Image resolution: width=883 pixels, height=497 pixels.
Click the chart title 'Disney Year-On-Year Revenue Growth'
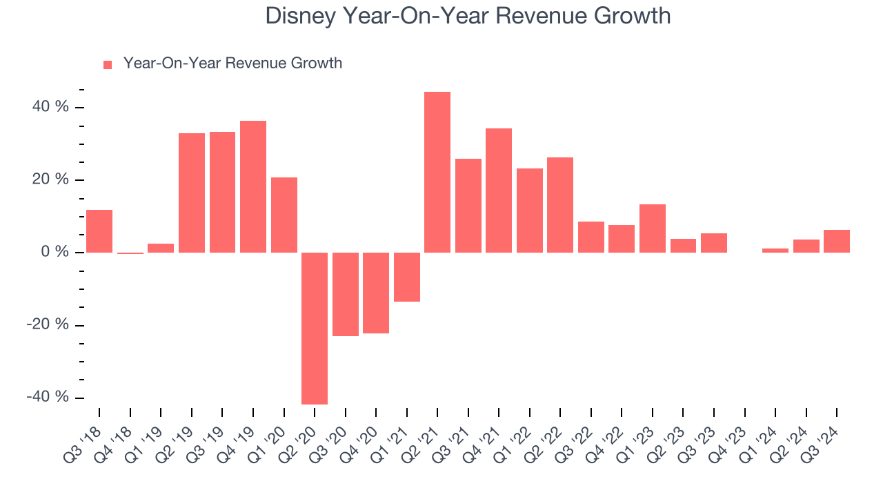click(x=468, y=15)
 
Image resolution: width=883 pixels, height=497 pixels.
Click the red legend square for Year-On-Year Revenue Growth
click(x=108, y=64)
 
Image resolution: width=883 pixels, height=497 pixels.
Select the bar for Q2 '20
click(x=315, y=328)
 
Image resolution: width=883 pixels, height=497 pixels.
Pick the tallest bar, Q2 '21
click(x=437, y=172)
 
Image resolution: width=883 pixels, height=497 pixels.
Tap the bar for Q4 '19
click(x=253, y=186)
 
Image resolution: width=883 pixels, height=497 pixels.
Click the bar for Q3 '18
click(x=99, y=231)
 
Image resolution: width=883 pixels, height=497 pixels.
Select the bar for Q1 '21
click(x=407, y=277)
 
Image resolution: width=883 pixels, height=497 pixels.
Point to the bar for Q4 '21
click(x=499, y=190)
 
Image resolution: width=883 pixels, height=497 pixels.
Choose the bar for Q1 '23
click(x=653, y=228)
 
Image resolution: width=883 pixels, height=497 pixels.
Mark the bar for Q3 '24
click(x=837, y=241)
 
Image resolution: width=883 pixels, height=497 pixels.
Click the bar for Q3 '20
click(x=346, y=294)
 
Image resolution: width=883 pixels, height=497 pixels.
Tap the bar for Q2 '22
click(x=560, y=204)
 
